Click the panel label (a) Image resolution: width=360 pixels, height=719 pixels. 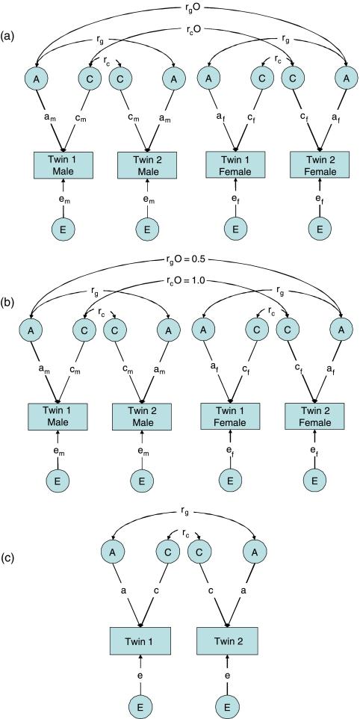pyautogui.click(x=8, y=36)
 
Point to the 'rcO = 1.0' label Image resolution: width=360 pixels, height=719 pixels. pyautogui.click(x=188, y=281)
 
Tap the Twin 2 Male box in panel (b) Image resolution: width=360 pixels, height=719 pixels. pyautogui.click(x=140, y=416)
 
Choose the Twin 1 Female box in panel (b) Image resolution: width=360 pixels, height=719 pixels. pyautogui.click(x=231, y=416)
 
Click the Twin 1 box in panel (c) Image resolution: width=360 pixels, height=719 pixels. pyautogui.click(x=141, y=641)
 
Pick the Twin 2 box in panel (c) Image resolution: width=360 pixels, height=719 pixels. pyautogui.click(x=228, y=641)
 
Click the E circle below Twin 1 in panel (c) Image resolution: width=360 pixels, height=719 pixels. pyautogui.click(x=141, y=703)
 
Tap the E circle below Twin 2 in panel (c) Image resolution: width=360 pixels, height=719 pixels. pyautogui.click(x=228, y=703)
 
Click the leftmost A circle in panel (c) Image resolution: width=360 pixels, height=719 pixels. pyautogui.click(x=113, y=553)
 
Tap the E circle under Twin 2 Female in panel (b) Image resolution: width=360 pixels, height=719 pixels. pyautogui.click(x=314, y=480)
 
